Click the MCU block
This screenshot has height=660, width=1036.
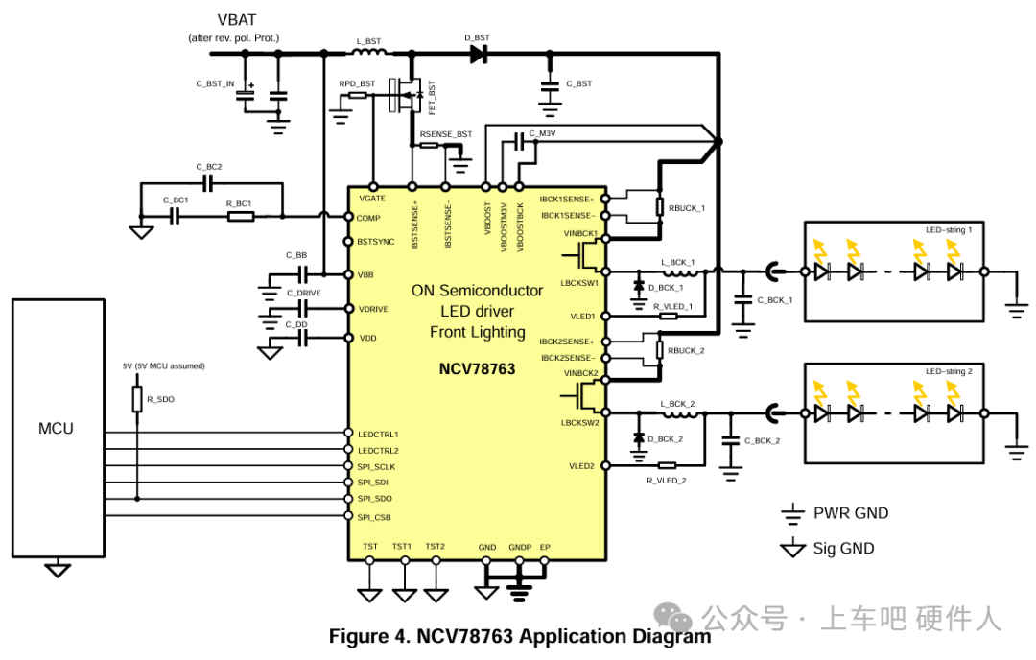coord(59,428)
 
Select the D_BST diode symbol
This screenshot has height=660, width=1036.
coord(479,54)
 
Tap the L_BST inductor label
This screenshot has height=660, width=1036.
coord(368,41)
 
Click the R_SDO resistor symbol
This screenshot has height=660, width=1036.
coord(137,399)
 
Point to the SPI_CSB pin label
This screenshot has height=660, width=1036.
coord(374,517)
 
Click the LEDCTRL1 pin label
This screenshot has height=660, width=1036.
coord(378,435)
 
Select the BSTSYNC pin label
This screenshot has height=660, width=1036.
coord(375,242)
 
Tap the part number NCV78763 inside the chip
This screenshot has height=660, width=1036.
coord(477,368)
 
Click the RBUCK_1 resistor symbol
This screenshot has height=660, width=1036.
coord(659,207)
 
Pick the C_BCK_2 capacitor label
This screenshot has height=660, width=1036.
coord(762,440)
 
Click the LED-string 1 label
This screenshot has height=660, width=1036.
coord(949,230)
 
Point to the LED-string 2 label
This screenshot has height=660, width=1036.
coord(949,371)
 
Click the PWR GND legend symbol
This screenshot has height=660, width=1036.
coord(792,513)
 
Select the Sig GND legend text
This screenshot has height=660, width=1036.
coord(843,549)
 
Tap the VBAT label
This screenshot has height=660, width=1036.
coord(237,20)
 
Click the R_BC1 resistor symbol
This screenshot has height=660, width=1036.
coord(241,216)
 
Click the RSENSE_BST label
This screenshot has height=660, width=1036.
coord(446,134)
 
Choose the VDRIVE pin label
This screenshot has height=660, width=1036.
coord(373,309)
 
